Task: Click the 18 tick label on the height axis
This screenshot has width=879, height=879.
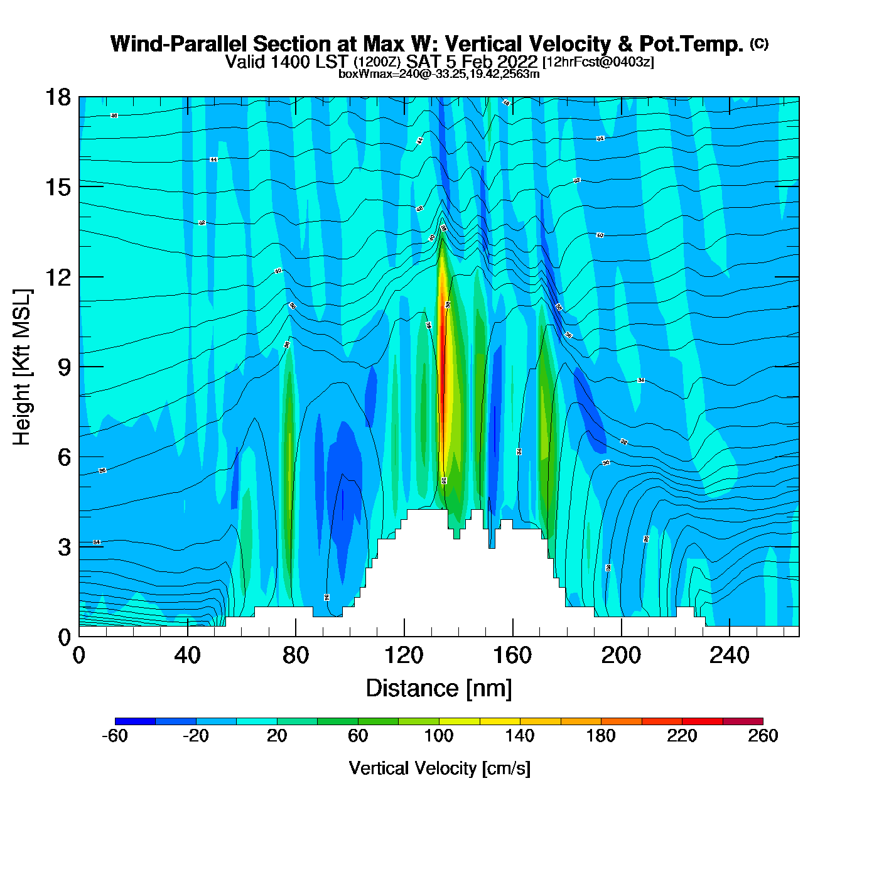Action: point(57,97)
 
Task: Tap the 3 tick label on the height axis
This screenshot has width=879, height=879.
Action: point(64,547)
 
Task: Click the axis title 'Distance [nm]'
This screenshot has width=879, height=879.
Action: point(439,689)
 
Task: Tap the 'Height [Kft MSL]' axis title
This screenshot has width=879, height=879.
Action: point(22,367)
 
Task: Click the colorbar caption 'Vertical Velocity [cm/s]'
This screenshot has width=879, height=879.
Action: point(439,768)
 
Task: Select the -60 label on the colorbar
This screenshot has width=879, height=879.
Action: point(115,736)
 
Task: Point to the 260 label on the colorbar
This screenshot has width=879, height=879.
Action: point(763,736)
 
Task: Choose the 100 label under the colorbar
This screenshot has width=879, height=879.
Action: point(439,736)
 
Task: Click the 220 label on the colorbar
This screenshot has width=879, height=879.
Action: point(682,736)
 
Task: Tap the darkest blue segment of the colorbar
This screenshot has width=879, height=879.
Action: point(135,721)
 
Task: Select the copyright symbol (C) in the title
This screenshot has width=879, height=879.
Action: point(759,43)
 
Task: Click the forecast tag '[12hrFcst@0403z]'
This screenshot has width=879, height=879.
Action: point(598,62)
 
